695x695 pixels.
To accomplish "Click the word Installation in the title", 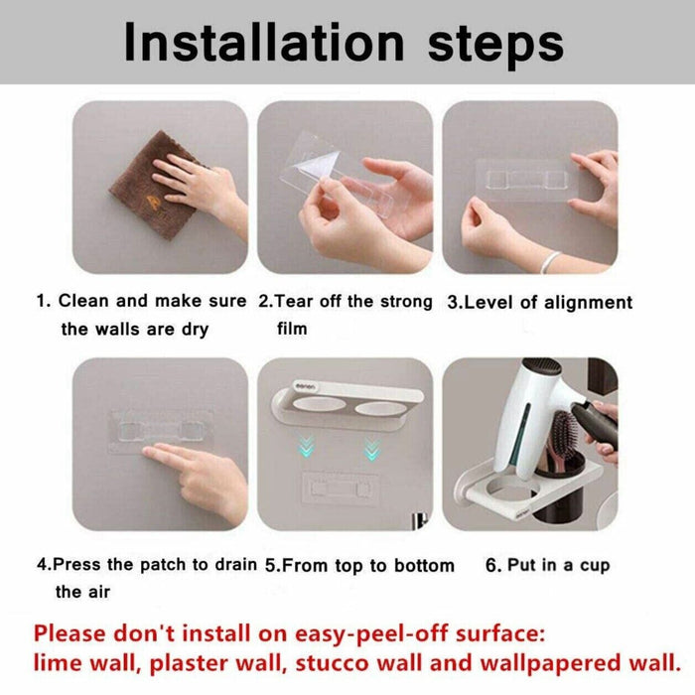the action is tap(264, 42).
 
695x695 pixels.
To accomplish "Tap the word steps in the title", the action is tap(495, 46).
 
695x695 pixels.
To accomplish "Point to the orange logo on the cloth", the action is tap(155, 202).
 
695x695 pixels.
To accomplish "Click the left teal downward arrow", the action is tap(306, 447).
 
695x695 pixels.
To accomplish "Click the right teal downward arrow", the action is tap(371, 449).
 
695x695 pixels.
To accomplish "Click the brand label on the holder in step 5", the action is tap(306, 387).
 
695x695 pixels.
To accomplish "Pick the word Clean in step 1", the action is tap(83, 301).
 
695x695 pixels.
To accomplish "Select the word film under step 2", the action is tap(292, 329).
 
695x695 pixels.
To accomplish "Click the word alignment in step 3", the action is tap(588, 303).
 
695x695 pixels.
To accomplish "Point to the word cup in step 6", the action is tap(595, 567).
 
